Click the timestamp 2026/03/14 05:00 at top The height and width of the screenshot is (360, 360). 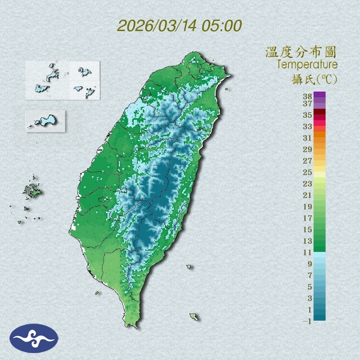pos(180,25)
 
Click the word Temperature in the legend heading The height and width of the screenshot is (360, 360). pos(307,64)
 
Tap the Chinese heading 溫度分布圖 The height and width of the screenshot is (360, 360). pos(301,52)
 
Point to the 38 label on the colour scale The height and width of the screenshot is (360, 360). pos(307,97)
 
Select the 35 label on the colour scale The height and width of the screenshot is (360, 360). pos(307,115)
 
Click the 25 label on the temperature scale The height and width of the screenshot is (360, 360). pos(307,172)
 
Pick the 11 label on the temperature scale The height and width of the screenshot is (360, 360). pos(307,252)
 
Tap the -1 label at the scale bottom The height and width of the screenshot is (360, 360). pos(306,322)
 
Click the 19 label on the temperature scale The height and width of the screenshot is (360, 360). pos(307,207)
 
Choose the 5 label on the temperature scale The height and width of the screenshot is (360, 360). pos(309,287)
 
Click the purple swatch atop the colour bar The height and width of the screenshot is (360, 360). pos(320,94)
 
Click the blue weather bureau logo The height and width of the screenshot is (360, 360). pos(34,338)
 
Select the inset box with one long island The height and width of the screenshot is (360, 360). pos(45,121)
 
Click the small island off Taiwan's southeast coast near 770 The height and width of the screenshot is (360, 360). pos(194,317)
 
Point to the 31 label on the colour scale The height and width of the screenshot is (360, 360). pos(307,138)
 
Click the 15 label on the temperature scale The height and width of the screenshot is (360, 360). pos(307,229)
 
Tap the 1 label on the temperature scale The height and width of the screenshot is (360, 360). pos(309,310)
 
